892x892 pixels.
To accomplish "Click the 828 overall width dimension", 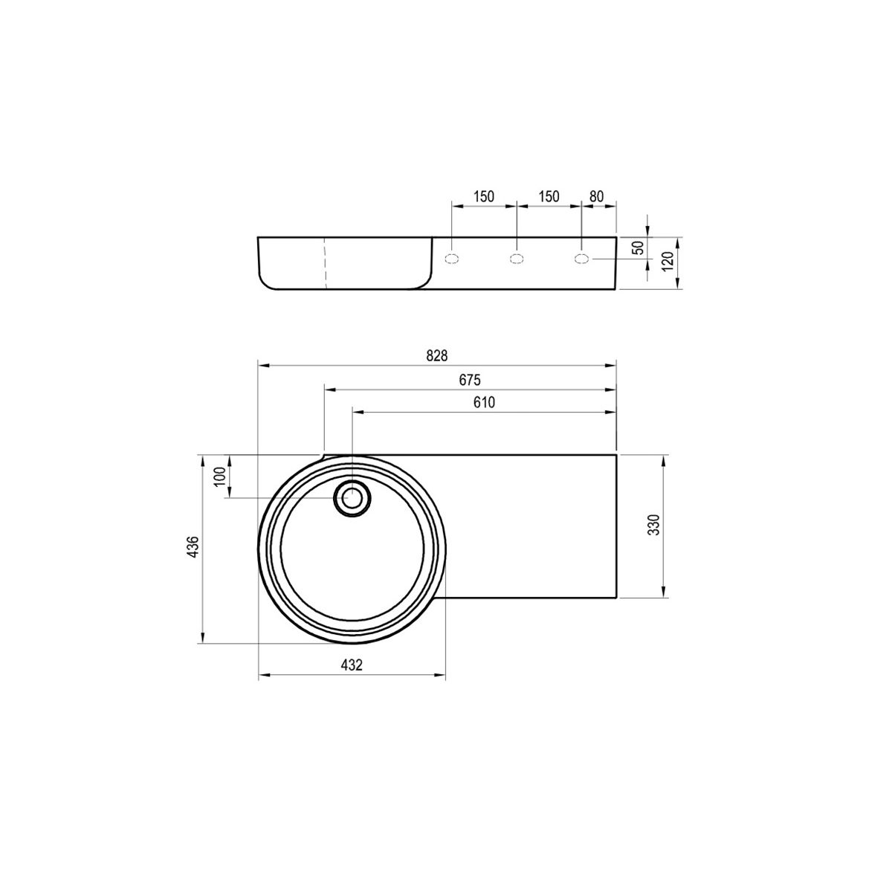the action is pos(436,355).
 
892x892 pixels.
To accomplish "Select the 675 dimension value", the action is pos(470,380).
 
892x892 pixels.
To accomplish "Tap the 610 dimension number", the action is pos(484,402).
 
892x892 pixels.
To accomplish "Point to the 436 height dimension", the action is pos(193,546).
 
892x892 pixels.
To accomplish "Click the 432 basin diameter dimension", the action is pos(352,665).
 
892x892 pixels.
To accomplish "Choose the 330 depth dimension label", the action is pos(653,525).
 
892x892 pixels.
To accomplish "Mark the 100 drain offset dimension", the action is pos(220,476).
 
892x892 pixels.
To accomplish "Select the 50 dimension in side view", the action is pos(639,248).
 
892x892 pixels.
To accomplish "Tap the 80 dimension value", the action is pos(596,197).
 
